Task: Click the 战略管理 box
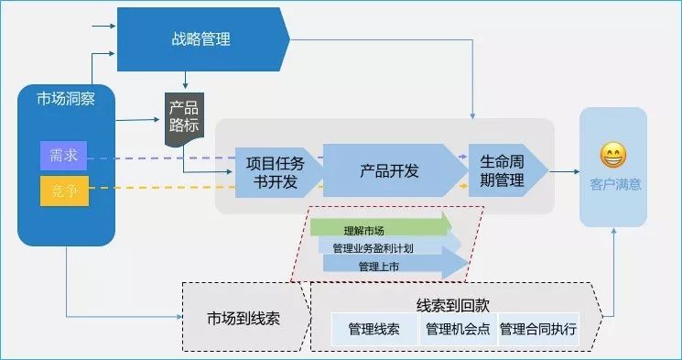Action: [x=201, y=39]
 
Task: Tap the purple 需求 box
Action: [x=64, y=157]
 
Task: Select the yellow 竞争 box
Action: [x=64, y=191]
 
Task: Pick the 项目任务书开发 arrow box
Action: [x=272, y=171]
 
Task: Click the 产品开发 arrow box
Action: [x=389, y=170]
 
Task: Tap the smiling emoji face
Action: [x=612, y=155]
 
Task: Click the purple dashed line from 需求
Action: [x=156, y=158]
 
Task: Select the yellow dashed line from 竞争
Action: [x=156, y=189]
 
